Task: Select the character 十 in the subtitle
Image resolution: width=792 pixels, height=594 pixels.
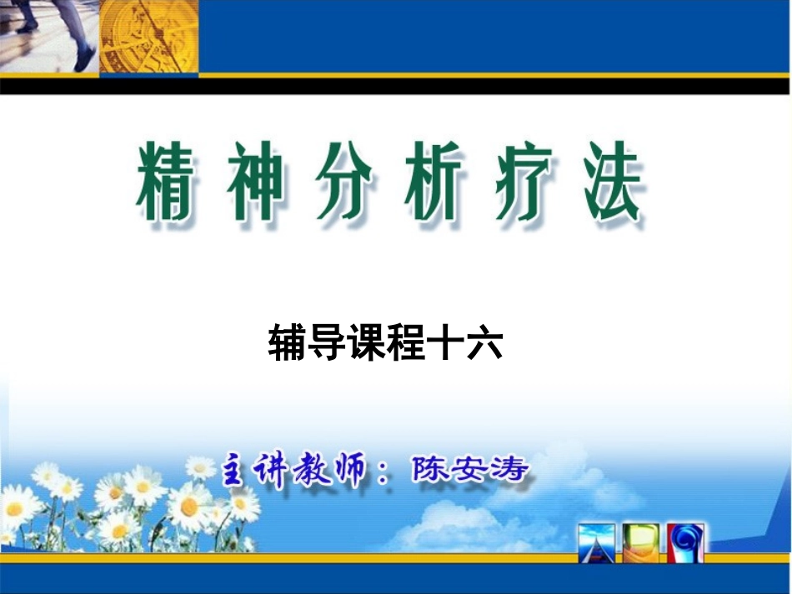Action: [x=446, y=343]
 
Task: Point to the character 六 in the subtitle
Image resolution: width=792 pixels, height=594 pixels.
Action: [x=484, y=343]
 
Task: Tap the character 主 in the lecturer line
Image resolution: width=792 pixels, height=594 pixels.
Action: [x=237, y=472]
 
